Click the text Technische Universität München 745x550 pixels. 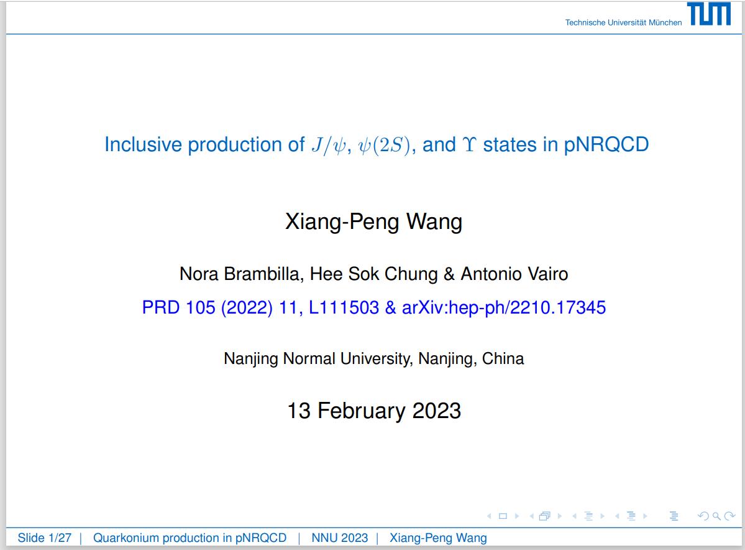point(623,22)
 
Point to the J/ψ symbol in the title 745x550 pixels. point(329,145)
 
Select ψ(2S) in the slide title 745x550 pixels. point(384,145)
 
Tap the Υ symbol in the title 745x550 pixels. point(469,144)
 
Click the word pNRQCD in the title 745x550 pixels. point(606,144)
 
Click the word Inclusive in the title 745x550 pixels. point(143,144)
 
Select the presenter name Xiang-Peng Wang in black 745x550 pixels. point(373,221)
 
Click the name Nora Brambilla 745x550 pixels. point(239,274)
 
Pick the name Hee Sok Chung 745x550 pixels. point(374,274)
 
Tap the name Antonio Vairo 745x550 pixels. point(514,274)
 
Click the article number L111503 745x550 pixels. point(344,307)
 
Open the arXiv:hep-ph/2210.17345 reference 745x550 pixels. point(504,308)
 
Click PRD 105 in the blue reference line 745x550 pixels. point(179,307)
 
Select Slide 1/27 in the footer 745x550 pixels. point(45,538)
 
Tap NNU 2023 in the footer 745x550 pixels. point(340,538)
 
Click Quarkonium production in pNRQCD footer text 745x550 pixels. point(190,538)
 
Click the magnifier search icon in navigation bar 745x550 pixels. point(716,516)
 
